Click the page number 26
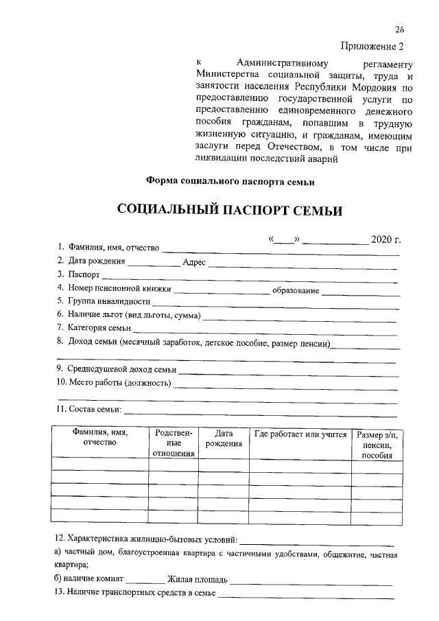400,30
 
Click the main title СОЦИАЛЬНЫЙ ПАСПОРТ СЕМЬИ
229,210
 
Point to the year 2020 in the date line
385,239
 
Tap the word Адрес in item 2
194,262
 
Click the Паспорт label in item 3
84,274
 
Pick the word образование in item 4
296,290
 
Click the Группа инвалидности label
108,301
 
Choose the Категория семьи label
99,328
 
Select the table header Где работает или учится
300,434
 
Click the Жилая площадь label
198,579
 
